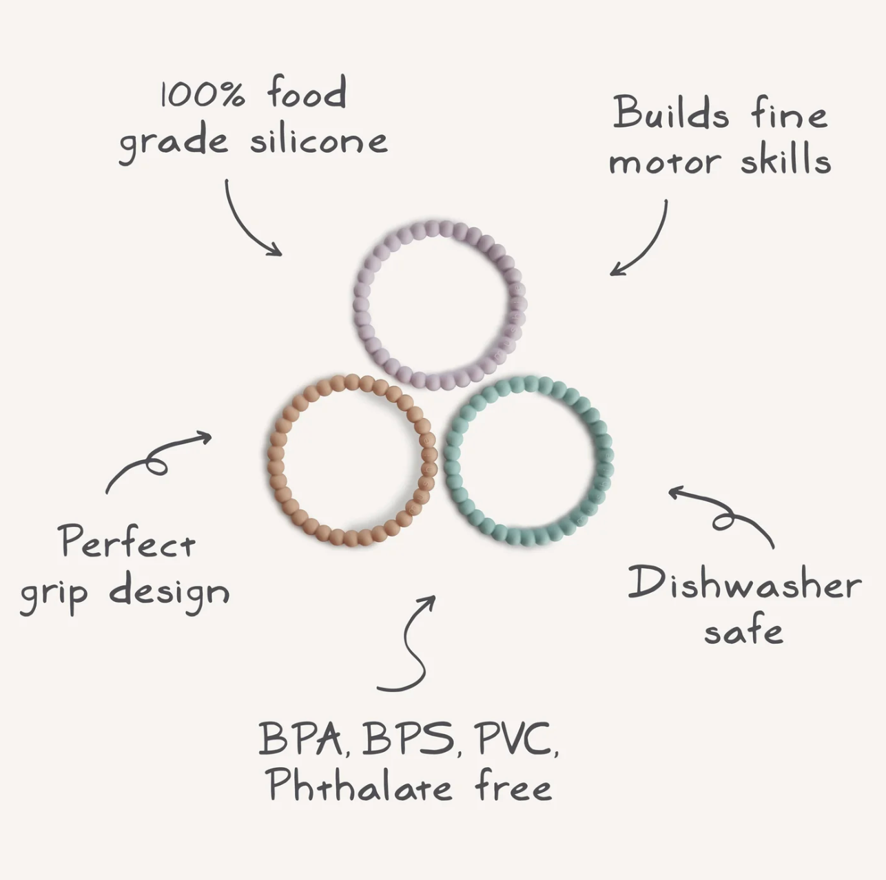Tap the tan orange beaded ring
276,459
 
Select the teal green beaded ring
453,459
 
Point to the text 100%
203,95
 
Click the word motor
663,162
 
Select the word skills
786,159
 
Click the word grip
54,594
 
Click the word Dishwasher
744,583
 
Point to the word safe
743,629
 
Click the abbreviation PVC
519,738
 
